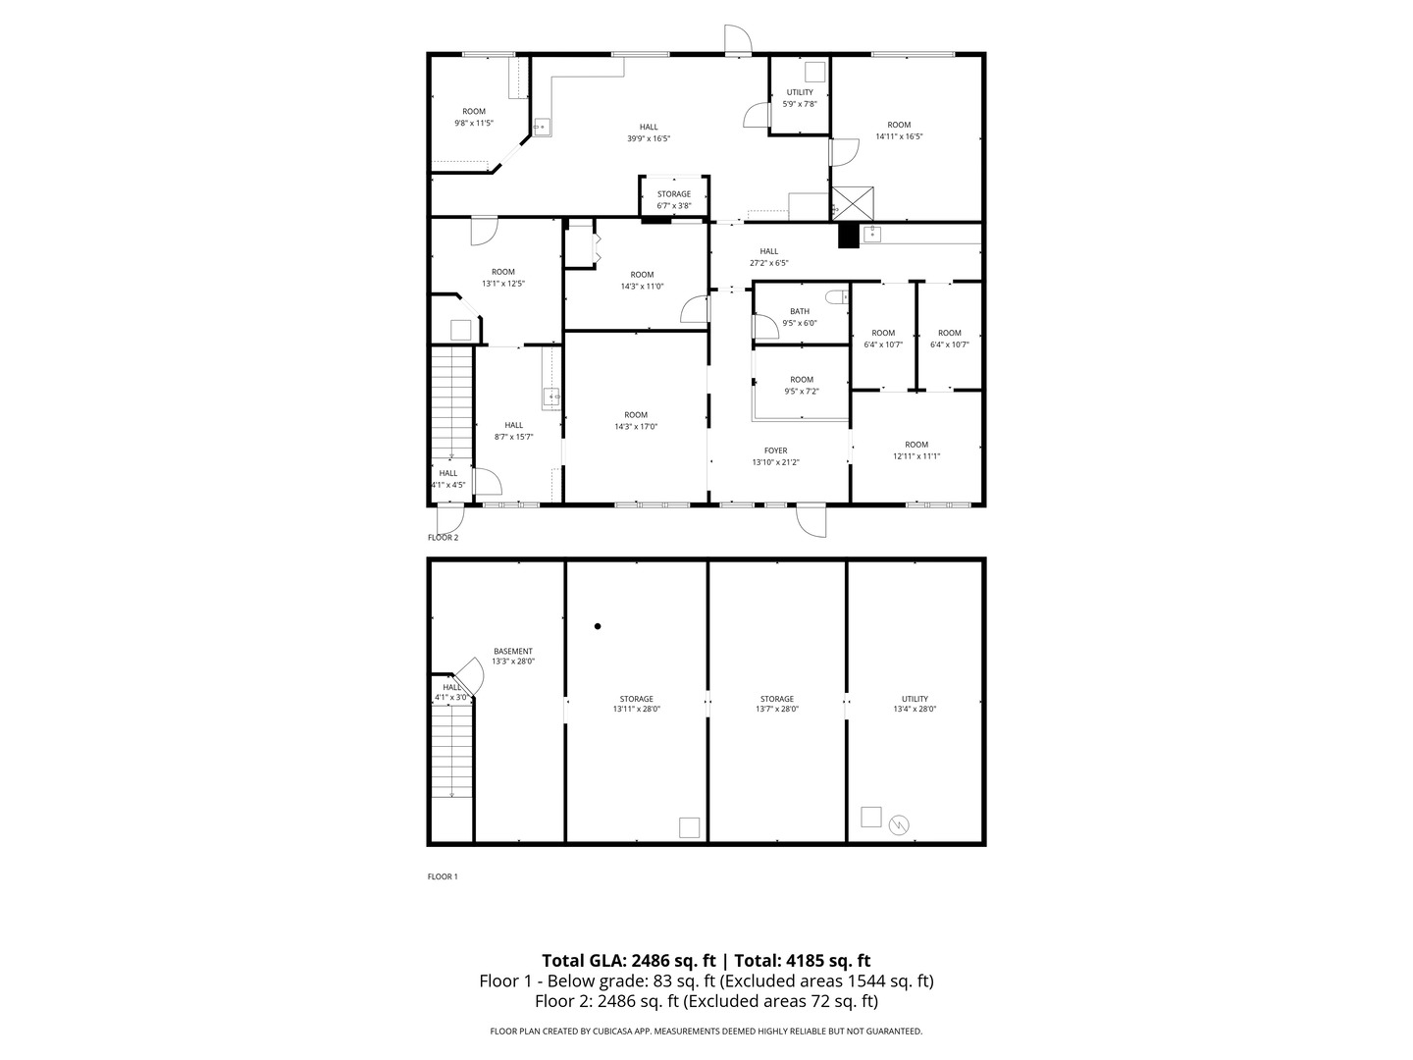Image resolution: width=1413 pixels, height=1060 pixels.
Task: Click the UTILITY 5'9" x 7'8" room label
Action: [800, 98]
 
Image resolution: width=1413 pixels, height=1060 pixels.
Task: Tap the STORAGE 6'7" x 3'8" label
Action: [674, 200]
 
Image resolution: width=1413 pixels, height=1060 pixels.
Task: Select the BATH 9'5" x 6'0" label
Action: [800, 317]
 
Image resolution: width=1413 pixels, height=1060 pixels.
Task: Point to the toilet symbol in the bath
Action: [836, 296]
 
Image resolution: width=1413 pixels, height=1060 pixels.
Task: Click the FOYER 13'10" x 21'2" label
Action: [776, 456]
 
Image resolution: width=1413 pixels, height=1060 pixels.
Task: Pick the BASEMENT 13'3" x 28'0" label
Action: [513, 657]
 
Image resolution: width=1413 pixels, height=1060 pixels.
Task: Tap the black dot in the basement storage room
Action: [598, 626]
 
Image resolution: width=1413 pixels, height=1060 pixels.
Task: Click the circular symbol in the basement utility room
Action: [899, 825]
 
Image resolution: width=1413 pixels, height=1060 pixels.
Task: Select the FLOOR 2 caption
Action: [443, 538]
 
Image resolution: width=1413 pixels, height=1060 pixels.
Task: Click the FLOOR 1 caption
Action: [443, 876]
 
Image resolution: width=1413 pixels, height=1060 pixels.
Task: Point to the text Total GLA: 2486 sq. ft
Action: [629, 961]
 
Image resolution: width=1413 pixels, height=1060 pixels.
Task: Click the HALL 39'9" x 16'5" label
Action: [649, 132]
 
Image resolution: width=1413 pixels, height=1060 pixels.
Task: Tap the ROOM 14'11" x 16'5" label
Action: [899, 131]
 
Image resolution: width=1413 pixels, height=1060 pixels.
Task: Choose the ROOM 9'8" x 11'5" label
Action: [474, 117]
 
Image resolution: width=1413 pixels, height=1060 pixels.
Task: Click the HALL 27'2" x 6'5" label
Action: [769, 257]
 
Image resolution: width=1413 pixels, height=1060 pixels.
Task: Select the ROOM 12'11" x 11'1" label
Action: [916, 450]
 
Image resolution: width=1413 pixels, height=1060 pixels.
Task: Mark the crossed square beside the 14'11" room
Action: [854, 203]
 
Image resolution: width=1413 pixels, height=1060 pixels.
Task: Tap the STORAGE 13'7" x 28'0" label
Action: [776, 704]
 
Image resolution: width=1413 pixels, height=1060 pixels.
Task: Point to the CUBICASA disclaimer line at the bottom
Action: [706, 1032]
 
